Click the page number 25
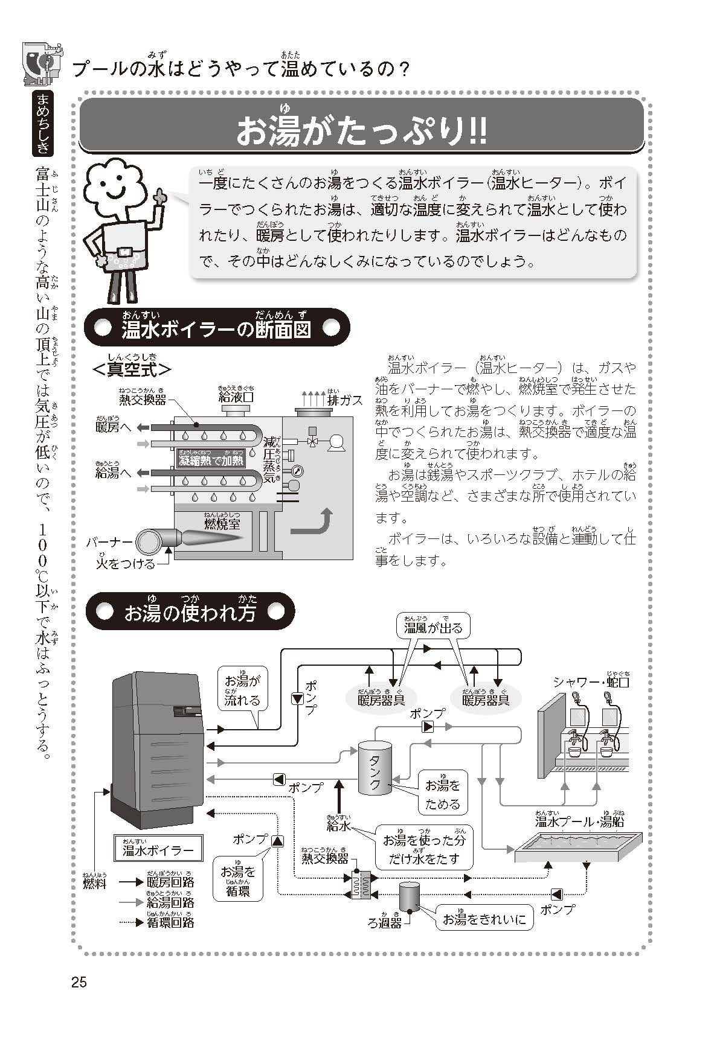point(79,982)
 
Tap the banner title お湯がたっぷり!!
point(361,131)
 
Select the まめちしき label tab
point(44,124)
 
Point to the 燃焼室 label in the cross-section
point(222,523)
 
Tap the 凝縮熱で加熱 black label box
point(211,460)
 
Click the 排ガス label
point(345,400)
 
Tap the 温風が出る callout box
point(433,628)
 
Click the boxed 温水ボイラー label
point(158,850)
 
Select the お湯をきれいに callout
point(484,919)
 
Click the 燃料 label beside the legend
point(95,883)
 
